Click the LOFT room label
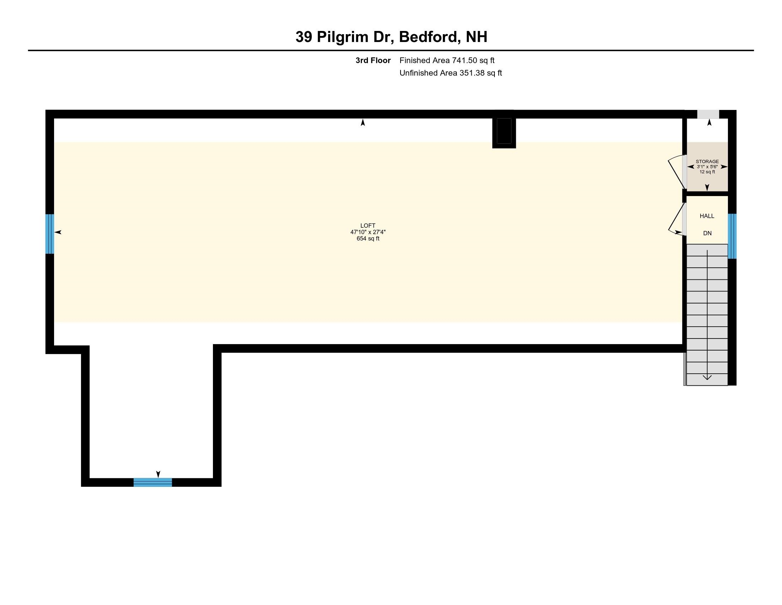(x=368, y=225)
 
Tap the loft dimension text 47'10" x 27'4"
(x=368, y=232)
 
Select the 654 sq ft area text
(x=368, y=238)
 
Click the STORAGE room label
(x=707, y=162)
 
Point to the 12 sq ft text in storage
(x=707, y=172)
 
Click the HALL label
(x=707, y=216)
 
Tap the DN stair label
(x=707, y=233)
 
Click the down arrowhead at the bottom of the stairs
(x=707, y=377)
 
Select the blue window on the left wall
(x=50, y=234)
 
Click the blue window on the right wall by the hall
(x=732, y=236)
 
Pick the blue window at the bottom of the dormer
(x=153, y=482)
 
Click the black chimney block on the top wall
(x=504, y=131)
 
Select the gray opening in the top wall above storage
(x=708, y=114)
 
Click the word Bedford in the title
(x=430, y=37)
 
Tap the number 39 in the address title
(x=304, y=37)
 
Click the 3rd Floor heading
(x=373, y=60)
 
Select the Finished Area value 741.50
(x=465, y=60)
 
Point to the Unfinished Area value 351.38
(x=472, y=73)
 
